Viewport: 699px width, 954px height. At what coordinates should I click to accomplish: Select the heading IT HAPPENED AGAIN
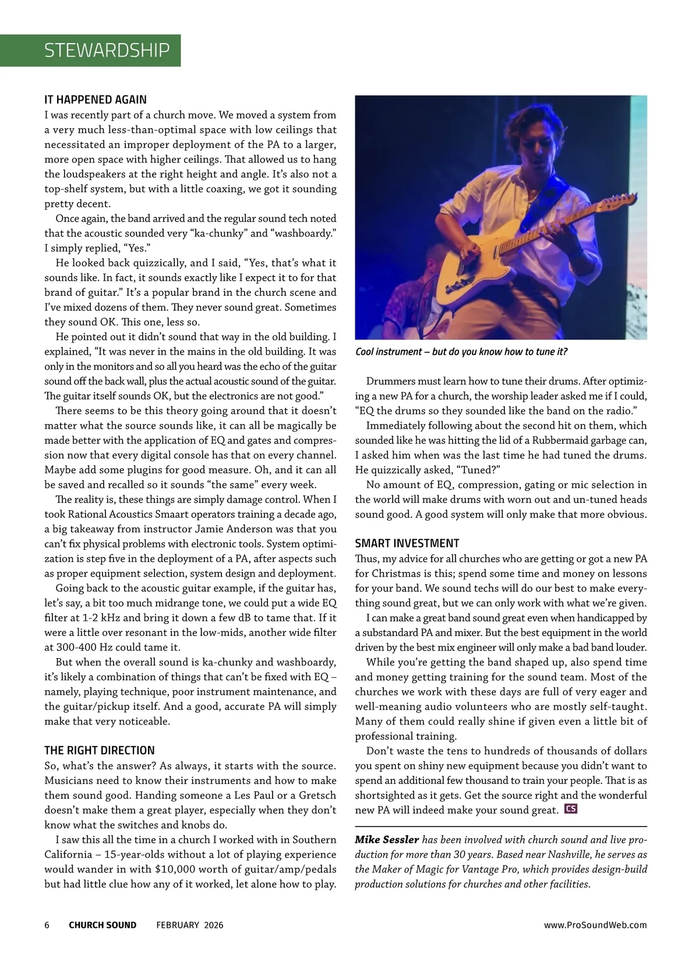point(96,100)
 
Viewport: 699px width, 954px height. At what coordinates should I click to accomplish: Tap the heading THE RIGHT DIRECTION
point(100,750)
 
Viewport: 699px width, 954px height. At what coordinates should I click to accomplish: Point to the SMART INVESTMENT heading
point(407,543)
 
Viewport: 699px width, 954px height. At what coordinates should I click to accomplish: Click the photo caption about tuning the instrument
point(461,352)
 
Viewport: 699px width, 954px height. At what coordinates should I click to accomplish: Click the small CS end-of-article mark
point(571,809)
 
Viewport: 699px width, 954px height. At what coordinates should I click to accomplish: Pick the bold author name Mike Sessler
point(387,840)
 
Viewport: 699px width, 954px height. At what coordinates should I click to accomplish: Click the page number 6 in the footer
point(47,925)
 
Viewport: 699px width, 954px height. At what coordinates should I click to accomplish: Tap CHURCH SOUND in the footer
point(103,925)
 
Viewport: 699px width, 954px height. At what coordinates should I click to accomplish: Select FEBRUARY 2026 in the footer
point(189,925)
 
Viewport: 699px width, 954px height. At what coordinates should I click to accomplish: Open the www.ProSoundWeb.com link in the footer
point(595,925)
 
